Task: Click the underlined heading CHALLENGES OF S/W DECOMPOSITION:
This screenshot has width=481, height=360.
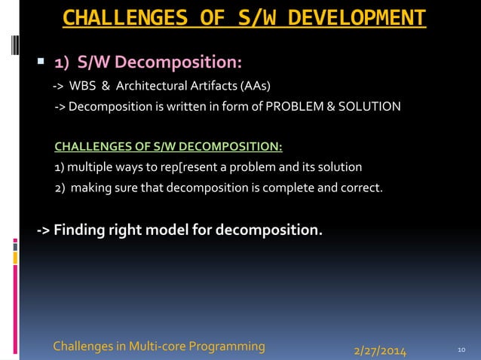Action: pos(168,145)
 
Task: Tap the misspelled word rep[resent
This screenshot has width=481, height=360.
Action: pos(200,166)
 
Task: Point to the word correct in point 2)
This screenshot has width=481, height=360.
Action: pos(362,188)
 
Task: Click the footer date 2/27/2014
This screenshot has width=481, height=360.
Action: pos(380,351)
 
